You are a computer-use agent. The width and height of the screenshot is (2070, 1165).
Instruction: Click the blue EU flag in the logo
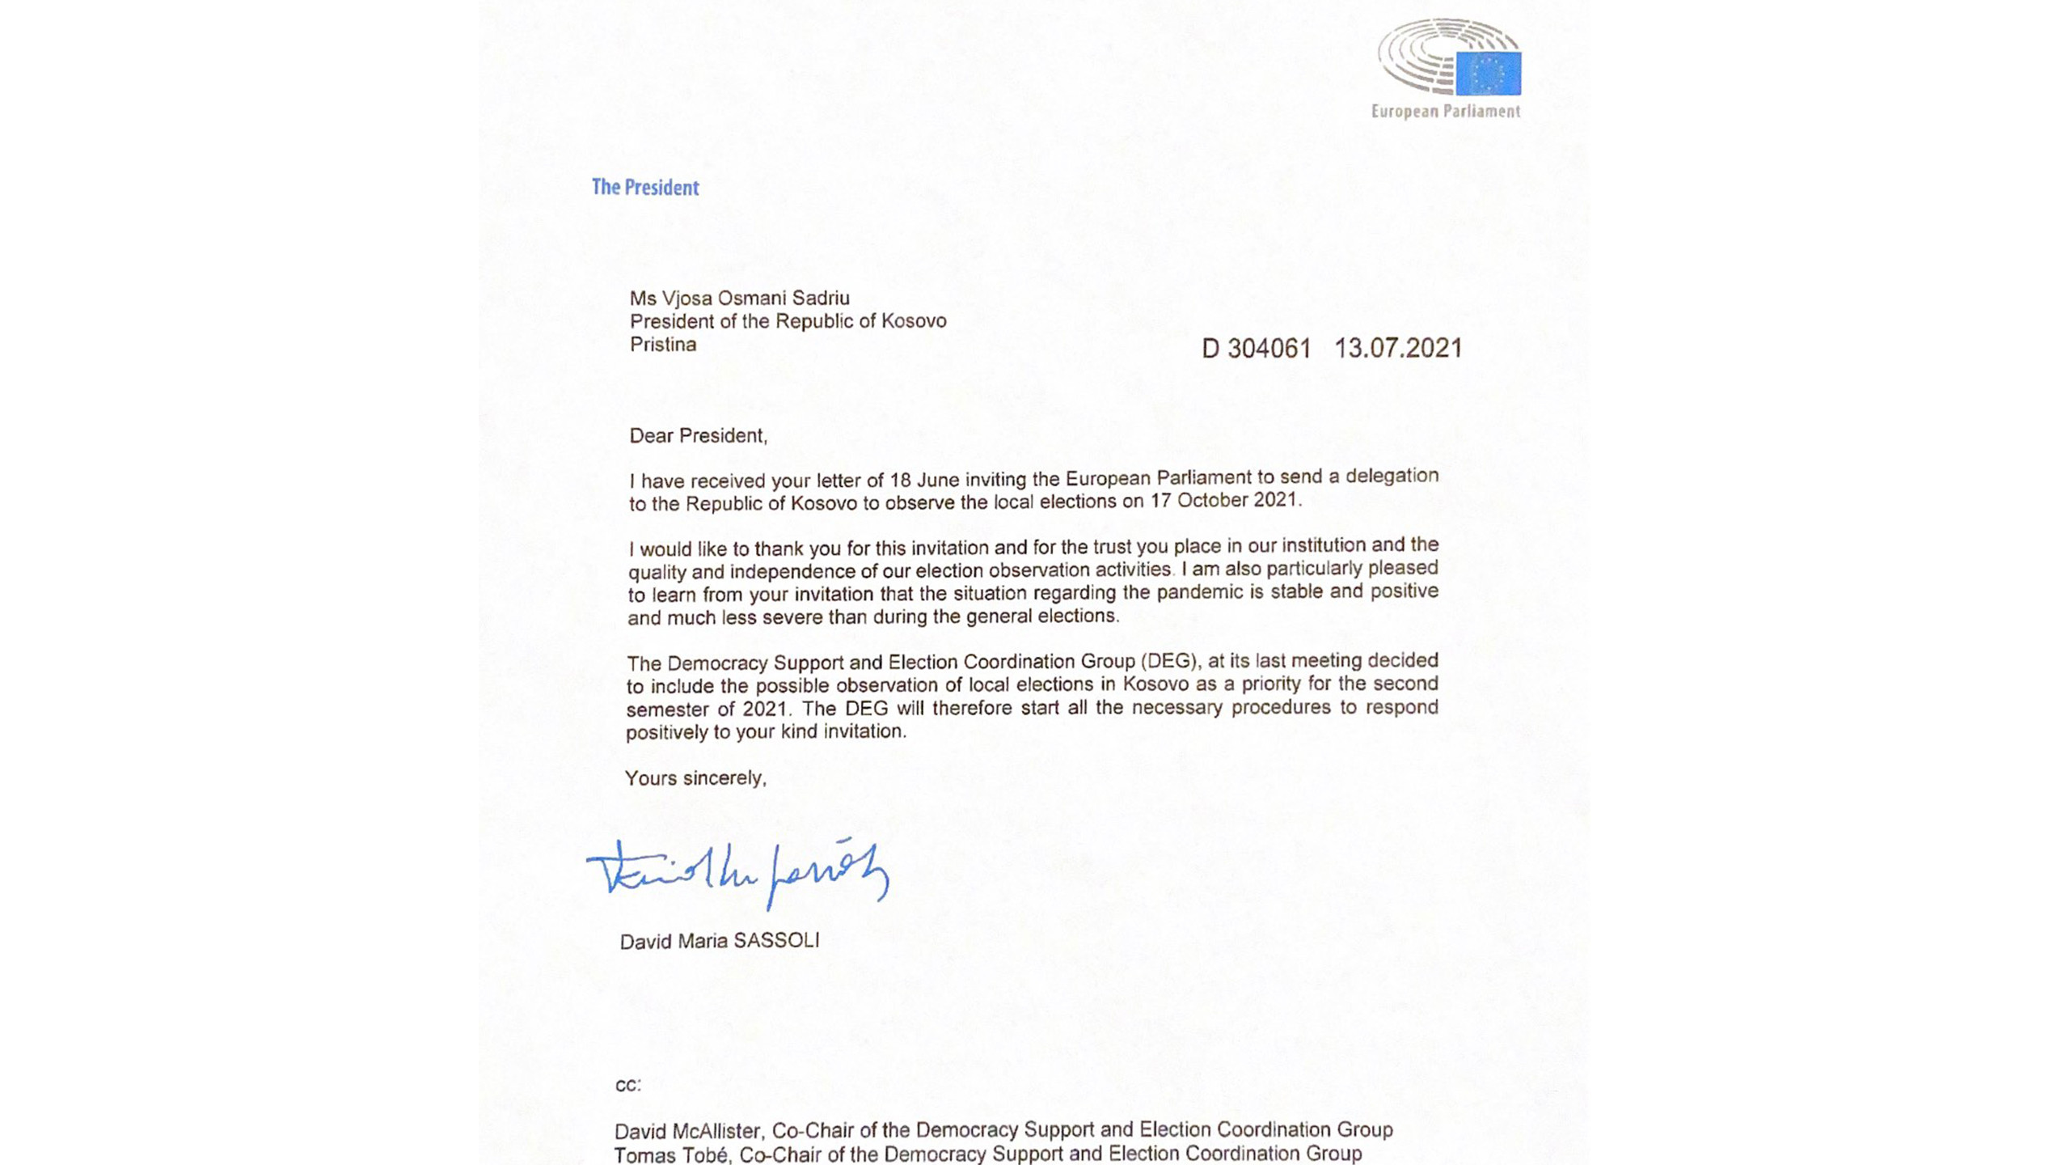tap(1488, 74)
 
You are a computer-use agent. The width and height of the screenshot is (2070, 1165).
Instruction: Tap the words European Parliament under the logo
tap(1445, 112)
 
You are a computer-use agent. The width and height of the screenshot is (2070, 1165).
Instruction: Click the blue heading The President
tap(644, 188)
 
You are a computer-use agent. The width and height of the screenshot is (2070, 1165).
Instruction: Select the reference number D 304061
tap(1256, 349)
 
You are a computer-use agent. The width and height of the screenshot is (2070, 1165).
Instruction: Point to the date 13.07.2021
tap(1397, 349)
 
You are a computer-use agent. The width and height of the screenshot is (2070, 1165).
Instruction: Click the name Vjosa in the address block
tap(684, 299)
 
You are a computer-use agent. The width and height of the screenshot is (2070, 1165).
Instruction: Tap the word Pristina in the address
tap(662, 345)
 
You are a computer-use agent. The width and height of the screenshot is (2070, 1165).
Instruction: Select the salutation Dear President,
tap(698, 436)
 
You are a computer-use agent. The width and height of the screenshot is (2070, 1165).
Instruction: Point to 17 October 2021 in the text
tap(1223, 500)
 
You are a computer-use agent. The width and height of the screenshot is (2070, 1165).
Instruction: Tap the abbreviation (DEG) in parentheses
tap(1169, 661)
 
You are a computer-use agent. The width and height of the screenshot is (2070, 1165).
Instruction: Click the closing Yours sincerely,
tap(695, 778)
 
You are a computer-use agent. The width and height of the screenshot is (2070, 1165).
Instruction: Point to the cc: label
tap(627, 1085)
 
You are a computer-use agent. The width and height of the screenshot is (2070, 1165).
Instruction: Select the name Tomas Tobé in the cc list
tap(671, 1154)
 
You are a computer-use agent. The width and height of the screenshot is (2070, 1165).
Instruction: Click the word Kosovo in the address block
tap(914, 321)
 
